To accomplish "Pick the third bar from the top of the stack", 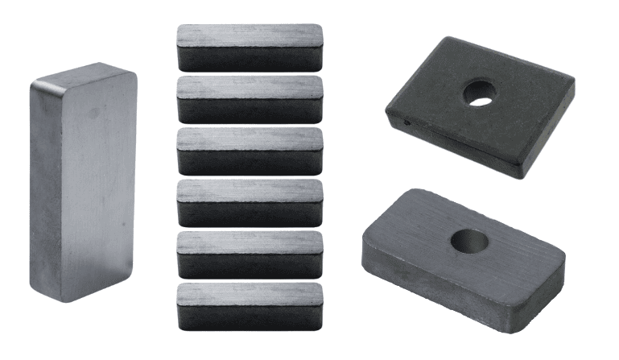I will tap(250, 151).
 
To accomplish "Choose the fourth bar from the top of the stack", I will tap(250, 202).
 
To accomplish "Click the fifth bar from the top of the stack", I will tap(250, 254).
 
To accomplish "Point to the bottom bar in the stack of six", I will tap(250, 306).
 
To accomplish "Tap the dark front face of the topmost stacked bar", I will tap(250, 58).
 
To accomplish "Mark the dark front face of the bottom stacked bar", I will tap(250, 317).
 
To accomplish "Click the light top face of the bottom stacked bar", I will tap(250, 292).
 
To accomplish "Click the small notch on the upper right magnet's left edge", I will tap(406, 123).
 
